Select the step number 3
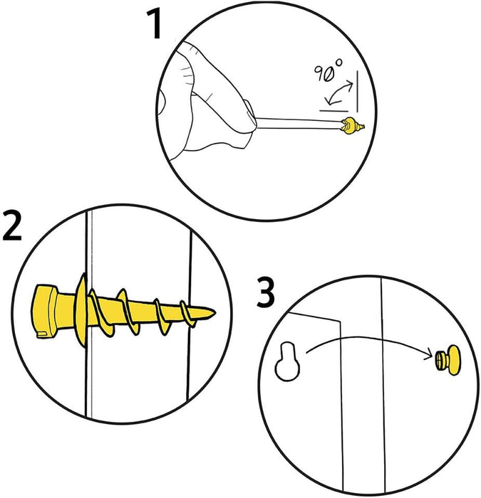(265, 294)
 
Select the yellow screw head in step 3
(447, 359)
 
